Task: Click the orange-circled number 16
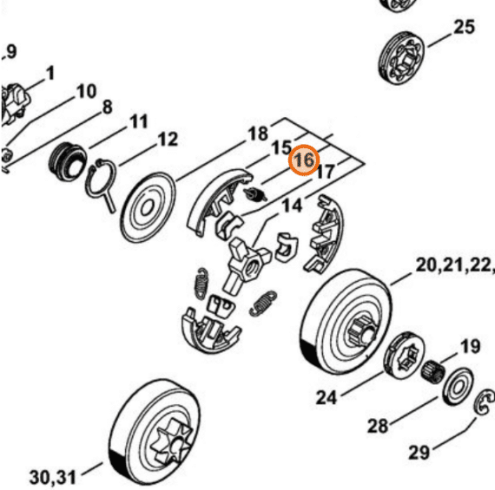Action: click(x=304, y=160)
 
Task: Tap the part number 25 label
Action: click(x=464, y=27)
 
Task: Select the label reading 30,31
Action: click(x=52, y=477)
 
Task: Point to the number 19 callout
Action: click(x=471, y=346)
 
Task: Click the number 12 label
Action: click(x=168, y=140)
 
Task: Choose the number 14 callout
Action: click(x=292, y=206)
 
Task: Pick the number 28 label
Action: click(x=378, y=426)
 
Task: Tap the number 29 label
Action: click(x=419, y=453)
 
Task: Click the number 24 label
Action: click(x=327, y=397)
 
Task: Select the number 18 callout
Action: click(x=258, y=134)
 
